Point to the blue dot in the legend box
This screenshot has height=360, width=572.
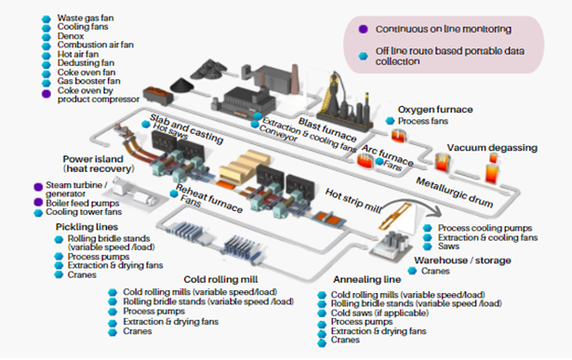tap(362, 56)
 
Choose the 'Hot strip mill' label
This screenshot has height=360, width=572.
tap(353, 196)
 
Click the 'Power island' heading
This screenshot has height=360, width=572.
tap(96, 159)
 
